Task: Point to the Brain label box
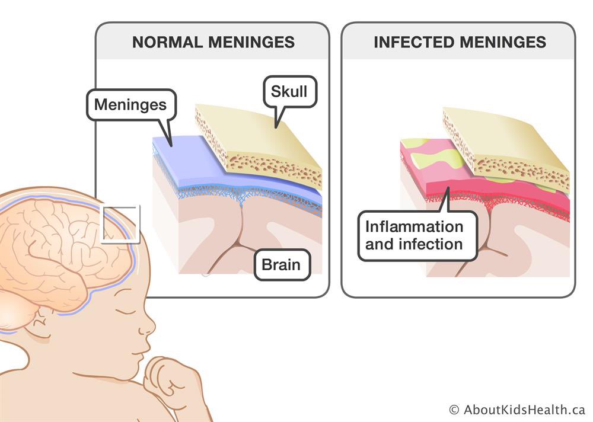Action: point(281,264)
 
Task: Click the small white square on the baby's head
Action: point(121,224)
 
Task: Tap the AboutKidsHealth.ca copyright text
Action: point(517,410)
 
